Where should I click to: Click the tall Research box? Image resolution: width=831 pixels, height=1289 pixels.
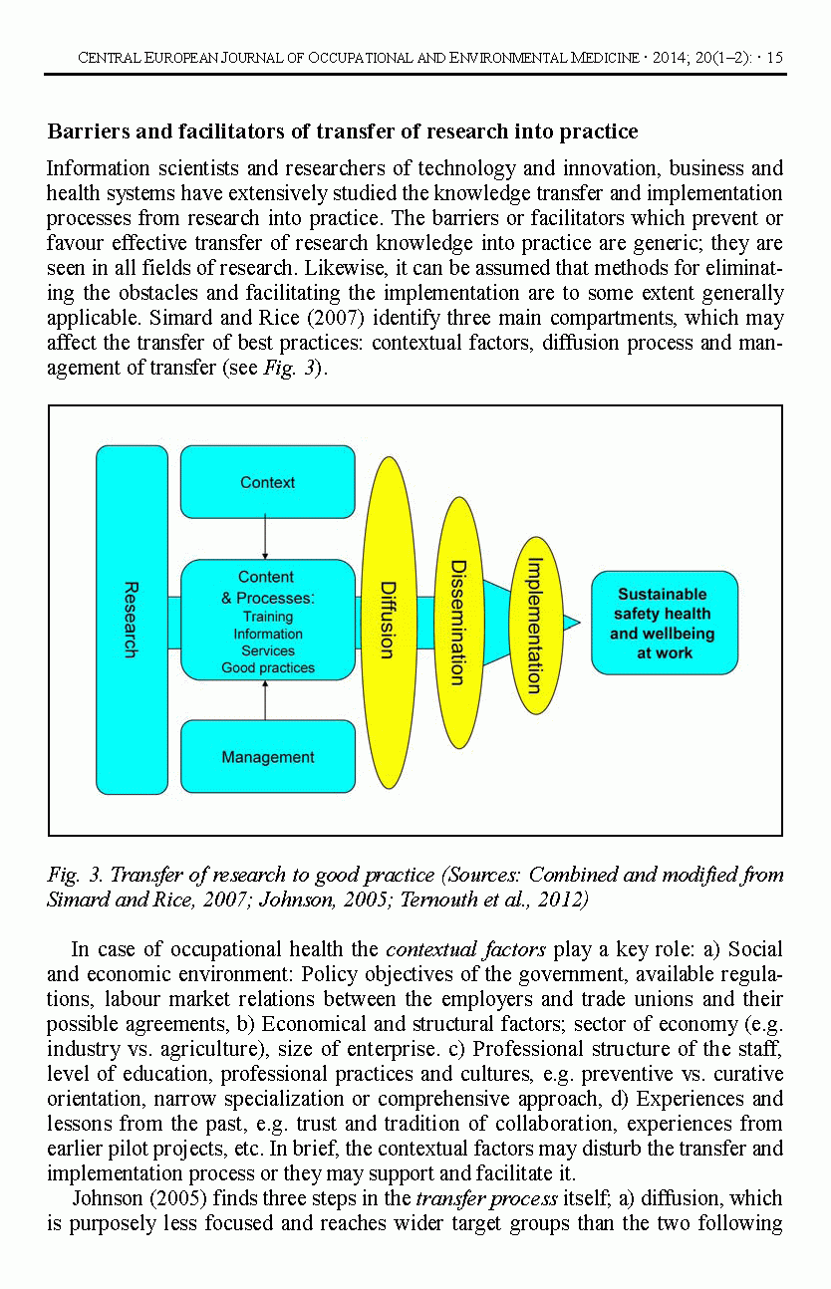132,619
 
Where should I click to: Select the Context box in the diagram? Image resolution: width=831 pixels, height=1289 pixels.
267,482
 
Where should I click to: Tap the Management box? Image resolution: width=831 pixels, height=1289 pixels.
267,757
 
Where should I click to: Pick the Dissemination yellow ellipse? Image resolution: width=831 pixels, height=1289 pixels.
458,622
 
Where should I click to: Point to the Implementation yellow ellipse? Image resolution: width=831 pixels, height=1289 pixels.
535,625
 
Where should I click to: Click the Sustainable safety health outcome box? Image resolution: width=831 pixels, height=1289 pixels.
664,623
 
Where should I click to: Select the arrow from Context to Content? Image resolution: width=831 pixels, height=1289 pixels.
265,538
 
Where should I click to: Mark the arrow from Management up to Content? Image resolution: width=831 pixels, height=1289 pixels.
265,700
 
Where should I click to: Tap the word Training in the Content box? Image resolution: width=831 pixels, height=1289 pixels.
267,617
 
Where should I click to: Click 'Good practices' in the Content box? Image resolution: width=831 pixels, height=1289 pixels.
267,667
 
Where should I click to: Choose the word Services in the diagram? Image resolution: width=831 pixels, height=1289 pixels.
267,650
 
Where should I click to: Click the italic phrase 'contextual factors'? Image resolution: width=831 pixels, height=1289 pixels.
450,949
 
